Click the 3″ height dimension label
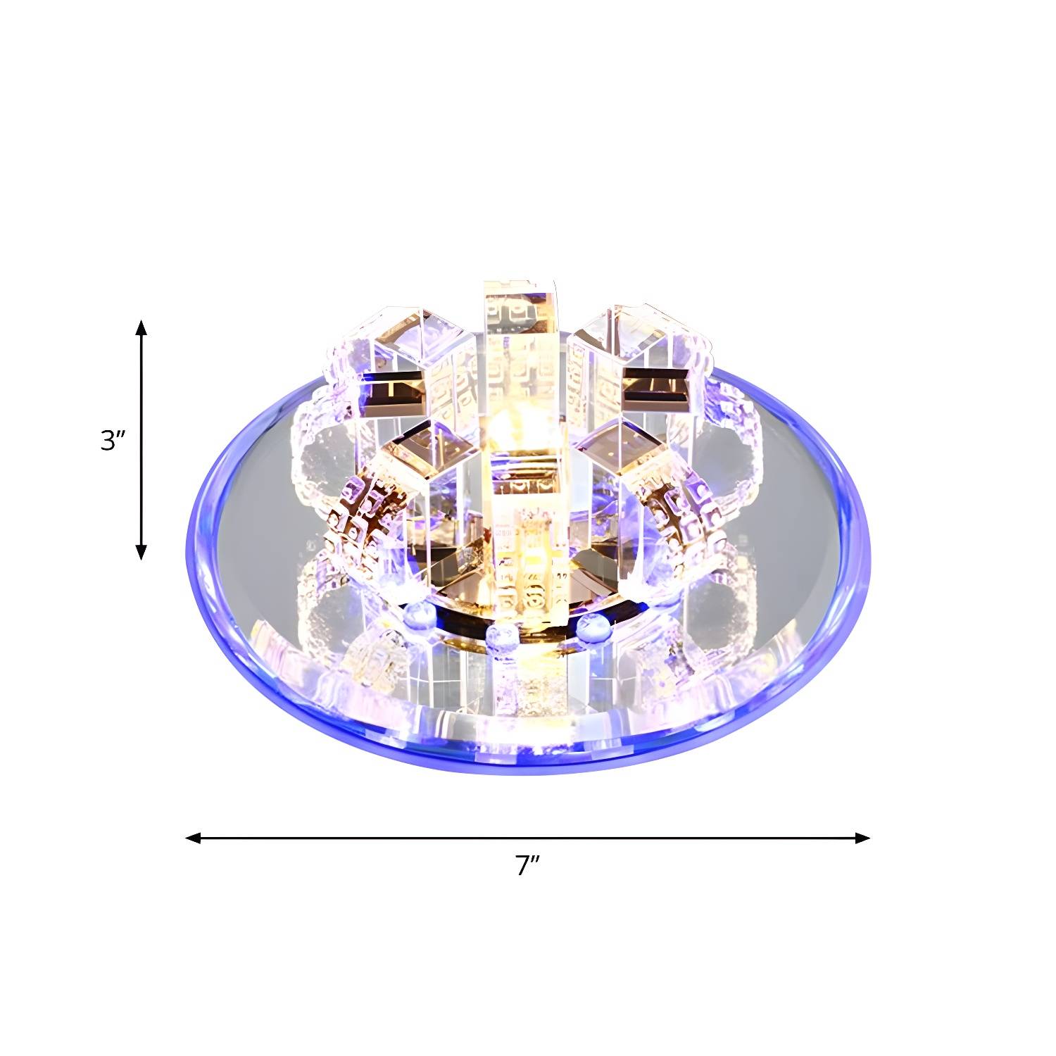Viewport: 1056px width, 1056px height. click(x=113, y=441)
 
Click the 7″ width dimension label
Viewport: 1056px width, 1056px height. click(x=527, y=865)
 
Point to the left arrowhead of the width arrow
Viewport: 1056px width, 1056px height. click(x=194, y=838)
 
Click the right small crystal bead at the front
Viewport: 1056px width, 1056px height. click(x=595, y=626)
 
